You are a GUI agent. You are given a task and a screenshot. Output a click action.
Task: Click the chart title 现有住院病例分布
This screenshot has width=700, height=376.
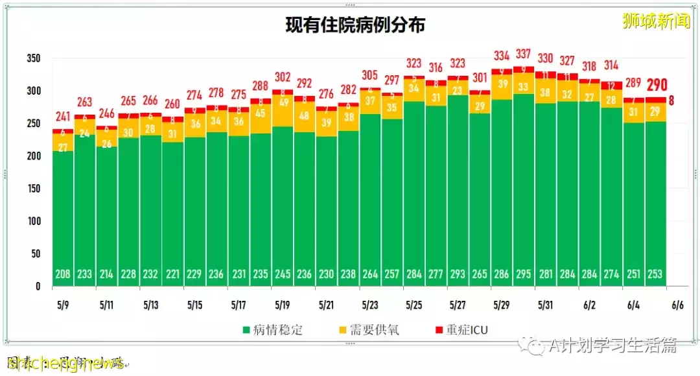tap(355, 25)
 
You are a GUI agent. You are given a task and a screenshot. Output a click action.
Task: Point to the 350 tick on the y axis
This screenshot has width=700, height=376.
tap(34, 58)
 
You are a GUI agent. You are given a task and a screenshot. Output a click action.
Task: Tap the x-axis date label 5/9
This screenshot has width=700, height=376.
tap(62, 304)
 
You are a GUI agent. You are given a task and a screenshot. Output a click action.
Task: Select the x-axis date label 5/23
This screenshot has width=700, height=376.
tap(370, 304)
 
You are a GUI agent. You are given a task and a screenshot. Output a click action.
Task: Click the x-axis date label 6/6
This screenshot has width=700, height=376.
tap(677, 304)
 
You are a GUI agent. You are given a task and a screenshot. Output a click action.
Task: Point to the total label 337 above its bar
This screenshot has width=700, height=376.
tap(524, 54)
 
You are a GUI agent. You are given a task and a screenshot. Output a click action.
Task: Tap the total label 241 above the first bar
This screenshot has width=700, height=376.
tap(63, 117)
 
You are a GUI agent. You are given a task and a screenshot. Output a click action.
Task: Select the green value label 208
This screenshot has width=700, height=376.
tap(63, 274)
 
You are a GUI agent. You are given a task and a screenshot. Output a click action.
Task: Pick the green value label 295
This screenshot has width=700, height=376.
tap(524, 274)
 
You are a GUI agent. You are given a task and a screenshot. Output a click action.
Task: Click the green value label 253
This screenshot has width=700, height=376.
tap(655, 274)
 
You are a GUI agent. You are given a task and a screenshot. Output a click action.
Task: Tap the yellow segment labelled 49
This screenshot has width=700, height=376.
tap(283, 102)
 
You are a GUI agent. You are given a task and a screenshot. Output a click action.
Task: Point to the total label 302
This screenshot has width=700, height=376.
tap(283, 76)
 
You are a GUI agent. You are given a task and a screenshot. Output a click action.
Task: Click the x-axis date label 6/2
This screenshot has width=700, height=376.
tap(589, 304)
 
